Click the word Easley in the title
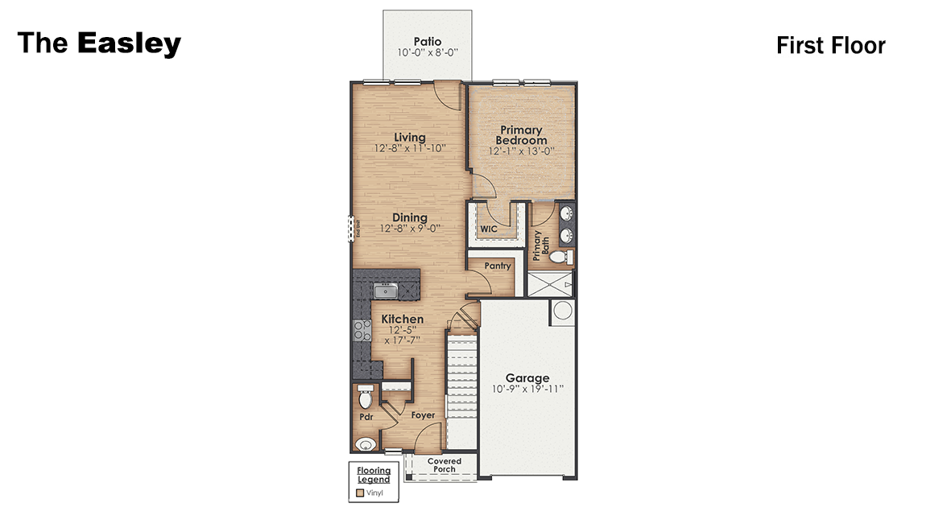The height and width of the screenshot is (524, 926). [129, 43]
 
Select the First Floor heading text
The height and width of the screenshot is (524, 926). [830, 46]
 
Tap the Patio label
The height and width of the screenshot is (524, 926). [427, 41]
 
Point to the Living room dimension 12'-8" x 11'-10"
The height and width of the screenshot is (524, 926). [410, 149]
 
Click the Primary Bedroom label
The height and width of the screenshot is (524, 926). [521, 135]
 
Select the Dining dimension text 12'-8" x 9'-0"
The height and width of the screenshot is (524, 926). [411, 229]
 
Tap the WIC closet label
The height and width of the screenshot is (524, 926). [489, 229]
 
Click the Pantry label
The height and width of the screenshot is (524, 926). [498, 266]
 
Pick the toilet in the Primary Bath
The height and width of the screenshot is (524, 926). [566, 257]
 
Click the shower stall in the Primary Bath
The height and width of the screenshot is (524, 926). [552, 285]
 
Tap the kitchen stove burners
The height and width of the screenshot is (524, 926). [358, 329]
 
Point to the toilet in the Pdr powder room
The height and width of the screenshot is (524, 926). [365, 398]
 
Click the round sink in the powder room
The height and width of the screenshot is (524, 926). [366, 444]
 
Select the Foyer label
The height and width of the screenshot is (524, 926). [423, 415]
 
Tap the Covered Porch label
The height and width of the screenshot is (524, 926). [444, 465]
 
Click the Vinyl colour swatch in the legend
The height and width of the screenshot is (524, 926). [359, 491]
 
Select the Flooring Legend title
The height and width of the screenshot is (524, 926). [374, 475]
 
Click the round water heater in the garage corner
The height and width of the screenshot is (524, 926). [563, 312]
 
